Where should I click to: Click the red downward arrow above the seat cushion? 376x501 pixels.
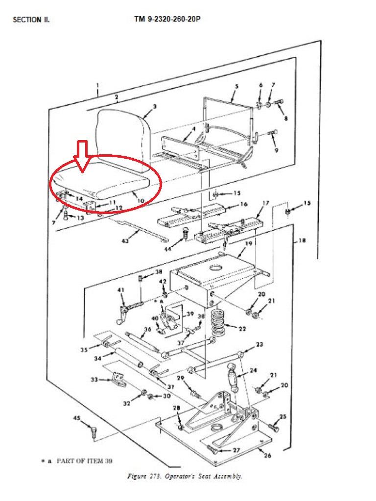pos(82,156)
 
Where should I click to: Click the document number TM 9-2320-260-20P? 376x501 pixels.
pos(167,19)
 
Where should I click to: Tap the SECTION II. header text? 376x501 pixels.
pos(31,20)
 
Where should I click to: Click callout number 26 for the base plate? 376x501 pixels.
pos(267,455)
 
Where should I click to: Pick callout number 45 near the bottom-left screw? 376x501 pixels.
pos(77,418)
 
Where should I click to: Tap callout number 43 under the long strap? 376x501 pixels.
pos(125,240)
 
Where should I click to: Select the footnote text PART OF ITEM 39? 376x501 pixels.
pos(84,461)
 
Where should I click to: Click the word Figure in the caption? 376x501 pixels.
pos(137,476)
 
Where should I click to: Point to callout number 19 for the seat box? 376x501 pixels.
pos(249,244)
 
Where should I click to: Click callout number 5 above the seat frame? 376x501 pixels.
pos(236,86)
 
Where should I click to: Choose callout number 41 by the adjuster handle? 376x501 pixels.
pos(121,290)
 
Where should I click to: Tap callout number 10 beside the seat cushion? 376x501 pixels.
pos(141,200)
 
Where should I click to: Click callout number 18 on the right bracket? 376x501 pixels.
pos(302,240)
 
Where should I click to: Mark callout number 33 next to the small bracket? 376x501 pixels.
pos(94,380)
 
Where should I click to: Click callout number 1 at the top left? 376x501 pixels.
pos(97,86)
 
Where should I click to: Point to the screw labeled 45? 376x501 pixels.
pos(93,431)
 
